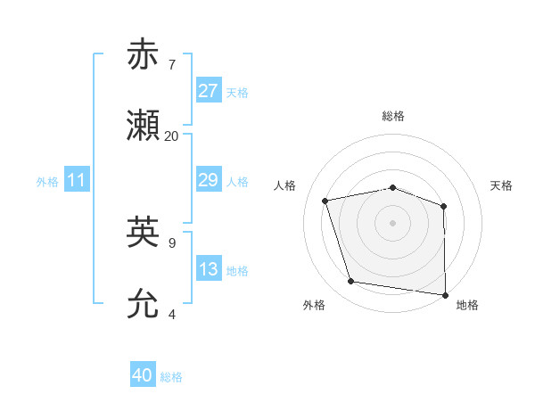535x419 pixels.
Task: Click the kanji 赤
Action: coord(144,54)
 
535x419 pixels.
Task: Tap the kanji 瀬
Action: coord(144,127)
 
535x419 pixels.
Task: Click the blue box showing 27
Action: coord(209,91)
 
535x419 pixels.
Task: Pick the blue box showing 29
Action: coord(209,180)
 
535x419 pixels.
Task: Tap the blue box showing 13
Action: coord(209,269)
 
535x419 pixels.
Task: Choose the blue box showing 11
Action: coord(77,180)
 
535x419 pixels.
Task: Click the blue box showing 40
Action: coord(143,375)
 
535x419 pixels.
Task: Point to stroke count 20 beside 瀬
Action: coord(171,136)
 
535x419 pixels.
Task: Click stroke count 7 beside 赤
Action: coord(171,65)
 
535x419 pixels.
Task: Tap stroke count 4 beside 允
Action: coord(171,315)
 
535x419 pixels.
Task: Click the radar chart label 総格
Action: coord(393,116)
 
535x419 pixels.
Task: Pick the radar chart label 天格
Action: coord(501,185)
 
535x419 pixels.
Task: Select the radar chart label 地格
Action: coord(467,306)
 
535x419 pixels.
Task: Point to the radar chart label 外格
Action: coord(314,306)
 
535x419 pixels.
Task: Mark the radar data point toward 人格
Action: coord(325,201)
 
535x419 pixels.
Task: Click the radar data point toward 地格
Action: coord(446,294)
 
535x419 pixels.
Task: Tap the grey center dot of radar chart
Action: coord(392,222)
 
